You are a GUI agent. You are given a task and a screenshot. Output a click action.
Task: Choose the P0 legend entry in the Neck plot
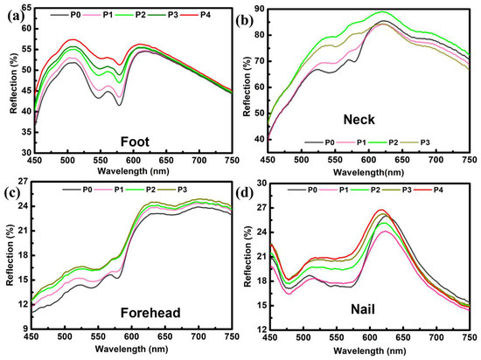(x=332, y=141)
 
